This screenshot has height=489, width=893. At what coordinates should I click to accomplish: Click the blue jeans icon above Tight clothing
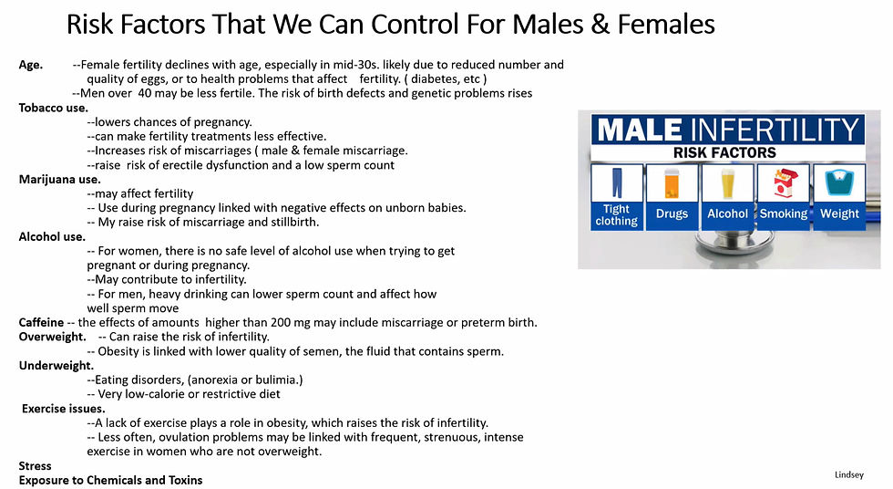click(616, 183)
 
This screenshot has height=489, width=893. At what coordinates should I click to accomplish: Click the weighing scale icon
click(838, 183)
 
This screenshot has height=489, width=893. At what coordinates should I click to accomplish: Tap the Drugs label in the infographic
click(672, 213)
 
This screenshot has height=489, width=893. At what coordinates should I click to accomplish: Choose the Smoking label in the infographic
click(783, 213)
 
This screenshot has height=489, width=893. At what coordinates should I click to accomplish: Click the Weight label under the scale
click(839, 213)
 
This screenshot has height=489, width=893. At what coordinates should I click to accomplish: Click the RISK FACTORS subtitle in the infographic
click(724, 152)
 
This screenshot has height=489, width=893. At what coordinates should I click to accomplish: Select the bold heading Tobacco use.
click(54, 108)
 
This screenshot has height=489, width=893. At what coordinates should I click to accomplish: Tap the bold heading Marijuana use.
click(59, 179)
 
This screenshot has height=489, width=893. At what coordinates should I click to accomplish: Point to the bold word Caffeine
click(41, 322)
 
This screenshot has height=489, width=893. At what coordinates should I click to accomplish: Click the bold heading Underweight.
click(56, 365)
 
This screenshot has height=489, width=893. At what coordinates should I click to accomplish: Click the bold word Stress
click(35, 465)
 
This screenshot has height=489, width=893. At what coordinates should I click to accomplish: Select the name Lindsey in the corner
click(849, 474)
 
